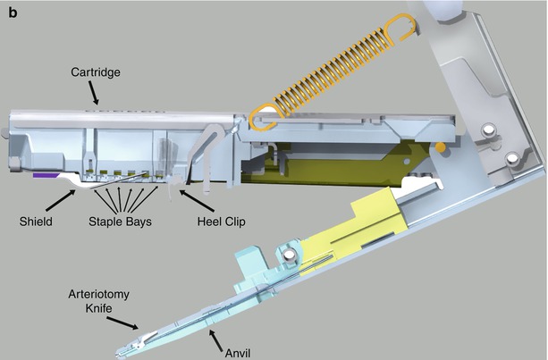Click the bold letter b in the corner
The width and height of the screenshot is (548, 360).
pos(12,11)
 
